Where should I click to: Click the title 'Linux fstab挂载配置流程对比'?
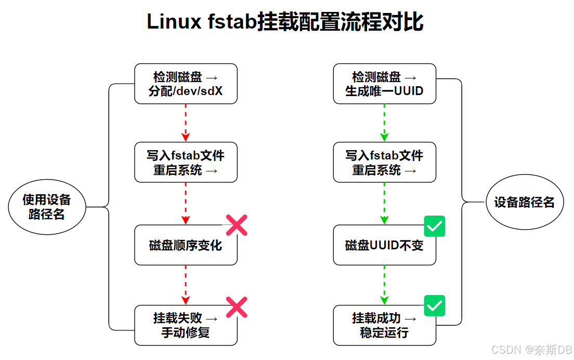point(285,22)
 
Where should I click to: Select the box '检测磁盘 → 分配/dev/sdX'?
point(186,84)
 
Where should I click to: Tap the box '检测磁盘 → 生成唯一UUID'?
point(384,84)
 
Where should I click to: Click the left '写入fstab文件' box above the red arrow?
point(186,162)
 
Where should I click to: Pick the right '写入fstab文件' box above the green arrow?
point(384,162)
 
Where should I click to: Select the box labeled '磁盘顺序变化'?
point(186,245)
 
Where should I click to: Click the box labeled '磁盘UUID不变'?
point(384,245)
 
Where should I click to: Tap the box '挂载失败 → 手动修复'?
point(186,325)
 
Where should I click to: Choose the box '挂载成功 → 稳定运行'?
point(384,325)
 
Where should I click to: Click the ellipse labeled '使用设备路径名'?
point(47,207)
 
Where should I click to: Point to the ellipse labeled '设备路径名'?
point(524,203)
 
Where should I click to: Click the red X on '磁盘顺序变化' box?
point(237,225)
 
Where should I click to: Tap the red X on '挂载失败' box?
point(237,306)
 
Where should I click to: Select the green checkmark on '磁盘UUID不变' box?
point(435,226)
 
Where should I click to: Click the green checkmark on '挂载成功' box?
point(435,305)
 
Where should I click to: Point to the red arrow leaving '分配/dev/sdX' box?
point(186,123)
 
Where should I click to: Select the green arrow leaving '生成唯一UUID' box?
point(384,123)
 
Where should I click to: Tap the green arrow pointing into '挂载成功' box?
point(384,285)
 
